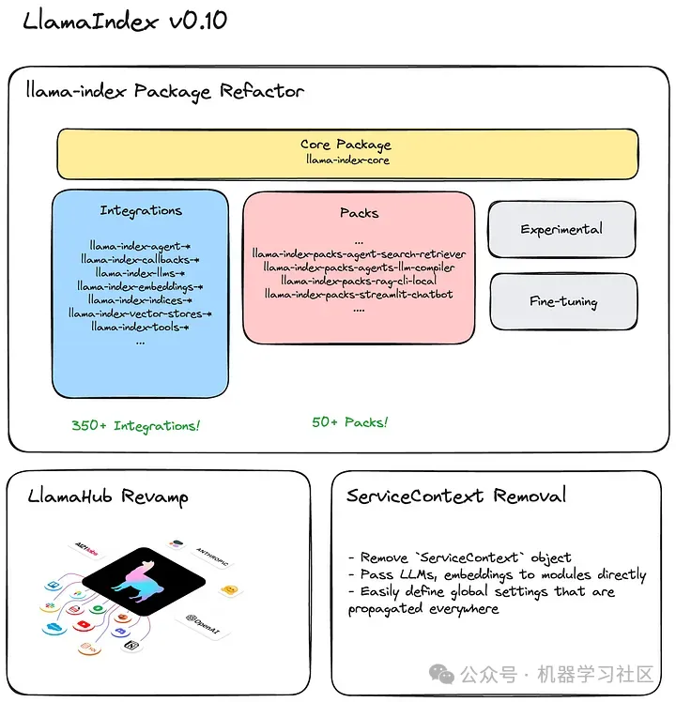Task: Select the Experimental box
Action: (561, 229)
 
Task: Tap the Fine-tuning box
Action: (561, 301)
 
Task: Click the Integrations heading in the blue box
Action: (141, 211)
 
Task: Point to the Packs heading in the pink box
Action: (359, 213)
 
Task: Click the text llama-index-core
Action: (346, 160)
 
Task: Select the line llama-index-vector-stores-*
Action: (140, 313)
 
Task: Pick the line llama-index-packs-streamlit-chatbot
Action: (359, 294)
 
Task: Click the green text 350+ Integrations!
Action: (135, 426)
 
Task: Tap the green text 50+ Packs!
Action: (349, 422)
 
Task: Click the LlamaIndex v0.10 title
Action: (125, 21)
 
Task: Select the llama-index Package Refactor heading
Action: (165, 91)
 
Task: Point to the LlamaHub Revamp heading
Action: (108, 496)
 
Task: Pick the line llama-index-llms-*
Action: (140, 273)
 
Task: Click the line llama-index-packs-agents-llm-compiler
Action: (359, 267)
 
